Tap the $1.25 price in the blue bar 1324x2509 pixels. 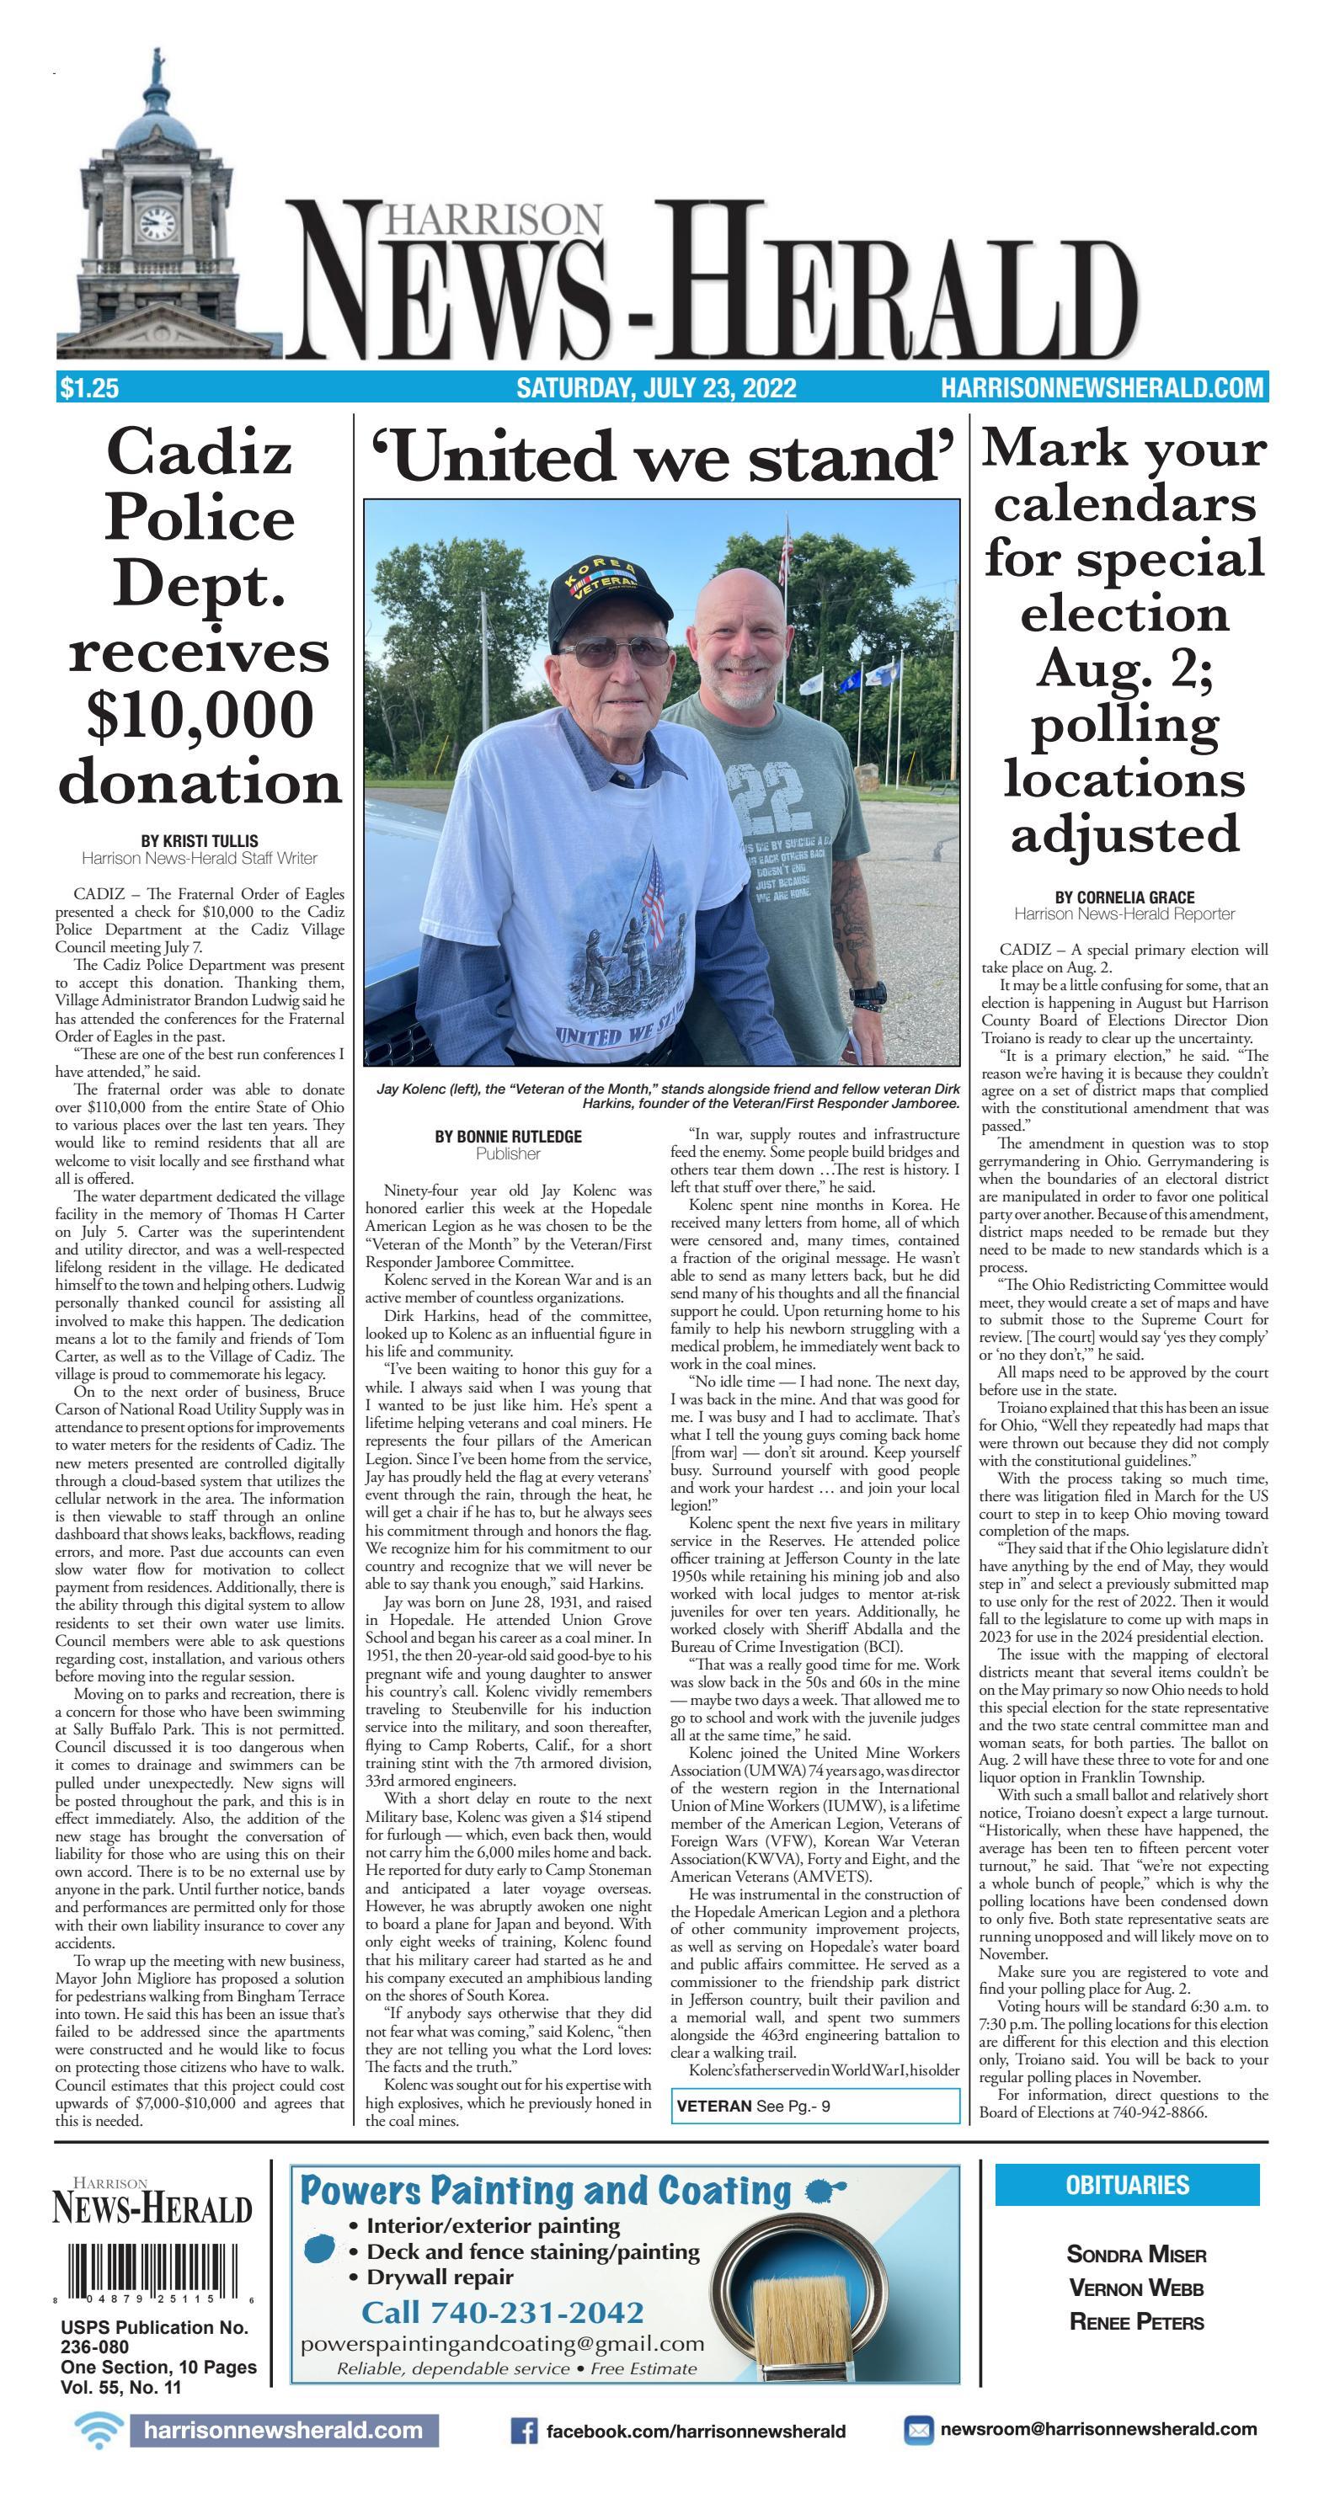coord(88,389)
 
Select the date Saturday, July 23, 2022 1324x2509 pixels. coord(655,389)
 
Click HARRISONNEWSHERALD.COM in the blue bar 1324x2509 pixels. coord(1102,389)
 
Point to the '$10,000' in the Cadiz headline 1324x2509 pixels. coord(200,715)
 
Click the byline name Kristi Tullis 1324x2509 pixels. coord(200,840)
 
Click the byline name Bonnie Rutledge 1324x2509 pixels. coord(508,1136)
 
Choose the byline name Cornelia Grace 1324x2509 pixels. coord(1124,897)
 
